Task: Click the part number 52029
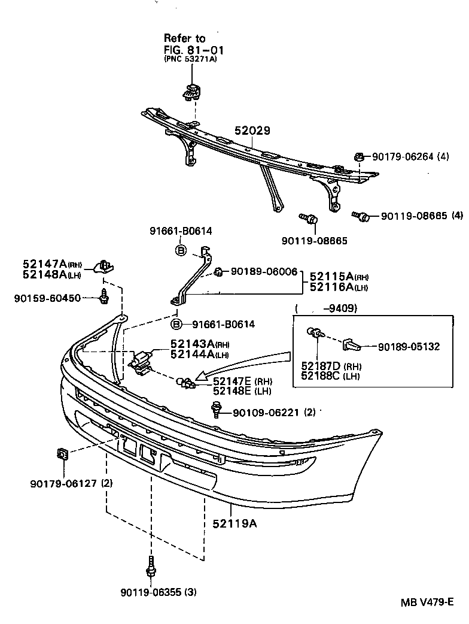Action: [252, 131]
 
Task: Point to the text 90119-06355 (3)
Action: [158, 593]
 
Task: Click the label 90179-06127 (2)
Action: [72, 483]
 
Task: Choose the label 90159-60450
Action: [47, 298]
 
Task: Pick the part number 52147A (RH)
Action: [52, 264]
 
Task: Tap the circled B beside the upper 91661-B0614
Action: [181, 251]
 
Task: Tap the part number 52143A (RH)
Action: [191, 344]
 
